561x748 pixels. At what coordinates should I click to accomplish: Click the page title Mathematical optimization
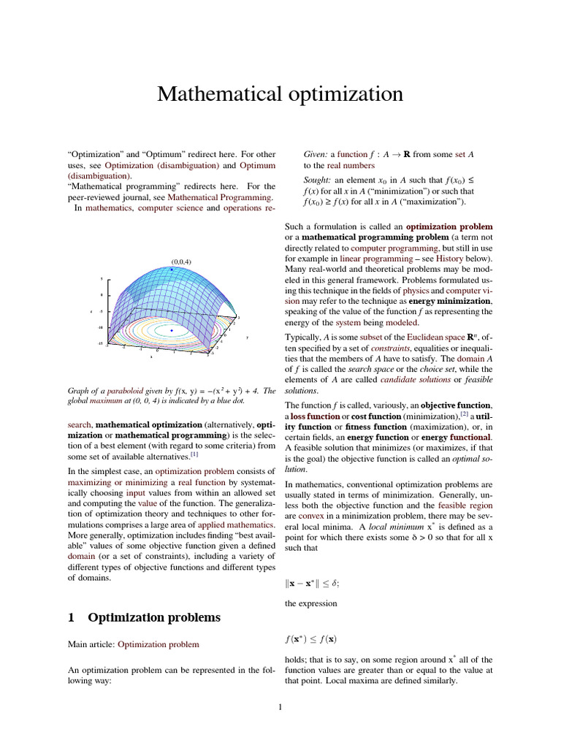tap(280, 94)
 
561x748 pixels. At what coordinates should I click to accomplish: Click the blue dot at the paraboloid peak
tap(172, 270)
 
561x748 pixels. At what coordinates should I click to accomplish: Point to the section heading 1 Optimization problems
tap(144, 617)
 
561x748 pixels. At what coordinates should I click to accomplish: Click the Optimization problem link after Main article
tap(158, 645)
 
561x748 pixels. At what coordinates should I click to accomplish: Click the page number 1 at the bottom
tap(280, 706)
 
